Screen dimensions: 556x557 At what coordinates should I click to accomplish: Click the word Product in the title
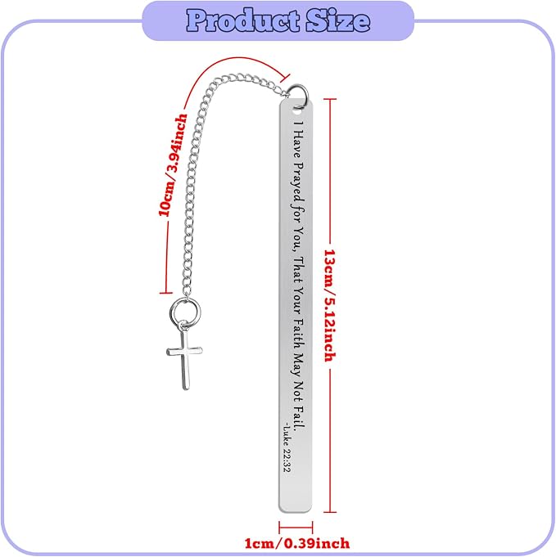tap(243, 20)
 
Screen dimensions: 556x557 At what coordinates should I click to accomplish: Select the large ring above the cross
tap(185, 312)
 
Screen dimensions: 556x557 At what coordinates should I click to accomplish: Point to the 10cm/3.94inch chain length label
tap(173, 165)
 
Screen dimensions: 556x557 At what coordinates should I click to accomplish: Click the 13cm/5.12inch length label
tap(330, 306)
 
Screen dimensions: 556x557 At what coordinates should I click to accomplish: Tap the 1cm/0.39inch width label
tap(297, 543)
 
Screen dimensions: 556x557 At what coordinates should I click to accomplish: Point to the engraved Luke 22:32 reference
tap(287, 447)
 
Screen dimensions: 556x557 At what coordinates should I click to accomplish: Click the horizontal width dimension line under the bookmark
tap(296, 528)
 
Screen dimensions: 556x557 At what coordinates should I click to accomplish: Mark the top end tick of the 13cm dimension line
tap(330, 100)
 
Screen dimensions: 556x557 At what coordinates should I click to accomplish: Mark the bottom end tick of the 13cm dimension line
tap(330, 512)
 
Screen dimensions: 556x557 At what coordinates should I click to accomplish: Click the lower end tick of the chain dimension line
tap(166, 293)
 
